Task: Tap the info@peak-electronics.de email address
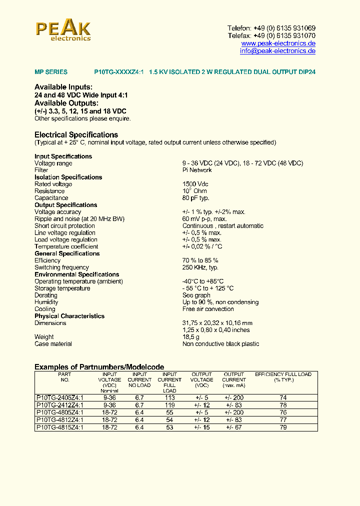[277, 51]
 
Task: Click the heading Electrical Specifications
[76, 135]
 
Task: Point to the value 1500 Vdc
[195, 184]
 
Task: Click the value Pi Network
[197, 170]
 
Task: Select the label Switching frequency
[61, 267]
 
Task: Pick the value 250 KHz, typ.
[200, 267]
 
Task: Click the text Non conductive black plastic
[220, 344]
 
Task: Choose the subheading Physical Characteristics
[69, 316]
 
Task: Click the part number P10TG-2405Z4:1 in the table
[60, 398]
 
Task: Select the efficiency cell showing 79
[283, 427]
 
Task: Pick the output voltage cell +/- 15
[202, 427]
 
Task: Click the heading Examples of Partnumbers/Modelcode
[99, 367]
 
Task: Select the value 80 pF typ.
[196, 198]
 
